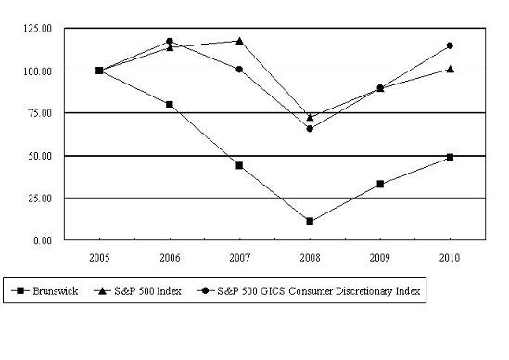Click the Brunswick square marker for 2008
click(310, 222)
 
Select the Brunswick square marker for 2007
click(239, 165)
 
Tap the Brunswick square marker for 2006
click(170, 104)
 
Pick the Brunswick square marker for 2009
click(380, 184)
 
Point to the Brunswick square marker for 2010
click(451, 157)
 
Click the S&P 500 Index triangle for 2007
click(239, 41)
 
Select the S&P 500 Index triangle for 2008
click(310, 117)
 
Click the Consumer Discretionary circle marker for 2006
click(170, 41)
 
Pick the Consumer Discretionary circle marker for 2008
click(310, 128)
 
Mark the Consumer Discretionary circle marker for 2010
click(451, 45)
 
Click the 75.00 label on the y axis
click(40, 113)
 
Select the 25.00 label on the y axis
click(40, 198)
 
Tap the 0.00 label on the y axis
click(43, 240)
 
